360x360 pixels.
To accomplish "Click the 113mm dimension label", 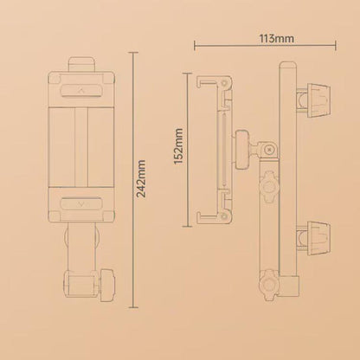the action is [277, 38].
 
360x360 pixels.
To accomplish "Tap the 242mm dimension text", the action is [141, 178].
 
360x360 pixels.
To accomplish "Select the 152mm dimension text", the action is [179, 146].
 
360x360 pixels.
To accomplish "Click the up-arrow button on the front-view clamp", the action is [81, 90].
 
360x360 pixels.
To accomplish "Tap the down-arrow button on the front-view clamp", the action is [81, 204].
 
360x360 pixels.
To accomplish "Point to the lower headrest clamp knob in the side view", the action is [318, 235].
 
